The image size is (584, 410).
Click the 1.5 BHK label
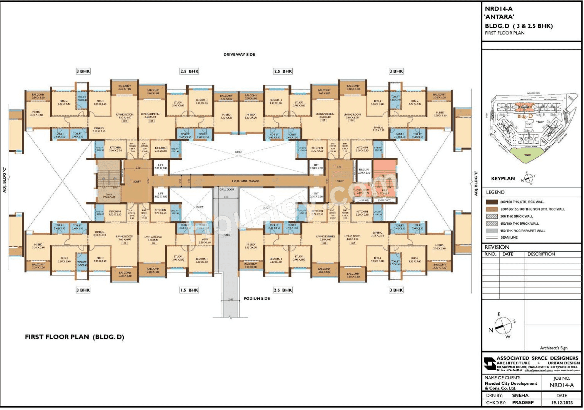tap(189, 290)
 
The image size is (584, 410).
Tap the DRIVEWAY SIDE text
tap(239, 55)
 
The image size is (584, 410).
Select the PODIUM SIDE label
tap(257, 299)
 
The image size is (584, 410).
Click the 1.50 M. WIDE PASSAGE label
tap(245, 181)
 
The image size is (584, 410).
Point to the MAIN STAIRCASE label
tap(109, 196)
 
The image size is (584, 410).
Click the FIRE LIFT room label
tap(364, 171)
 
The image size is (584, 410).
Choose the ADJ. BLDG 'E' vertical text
tap(476, 183)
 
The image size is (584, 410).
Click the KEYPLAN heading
tap(503, 179)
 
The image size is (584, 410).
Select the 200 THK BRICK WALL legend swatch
tap(492, 217)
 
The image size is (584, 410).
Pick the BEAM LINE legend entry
tap(509, 238)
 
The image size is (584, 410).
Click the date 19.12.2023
tap(562, 403)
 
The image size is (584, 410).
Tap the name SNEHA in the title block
tap(520, 396)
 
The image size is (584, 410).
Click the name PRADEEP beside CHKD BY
tap(523, 403)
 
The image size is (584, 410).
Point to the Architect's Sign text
tap(554, 348)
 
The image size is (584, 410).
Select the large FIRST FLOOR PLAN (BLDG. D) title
tap(75, 337)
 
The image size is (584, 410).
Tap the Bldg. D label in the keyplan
tap(525, 116)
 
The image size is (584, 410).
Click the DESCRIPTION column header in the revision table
tap(541, 254)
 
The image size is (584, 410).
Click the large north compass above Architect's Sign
tap(503, 326)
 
